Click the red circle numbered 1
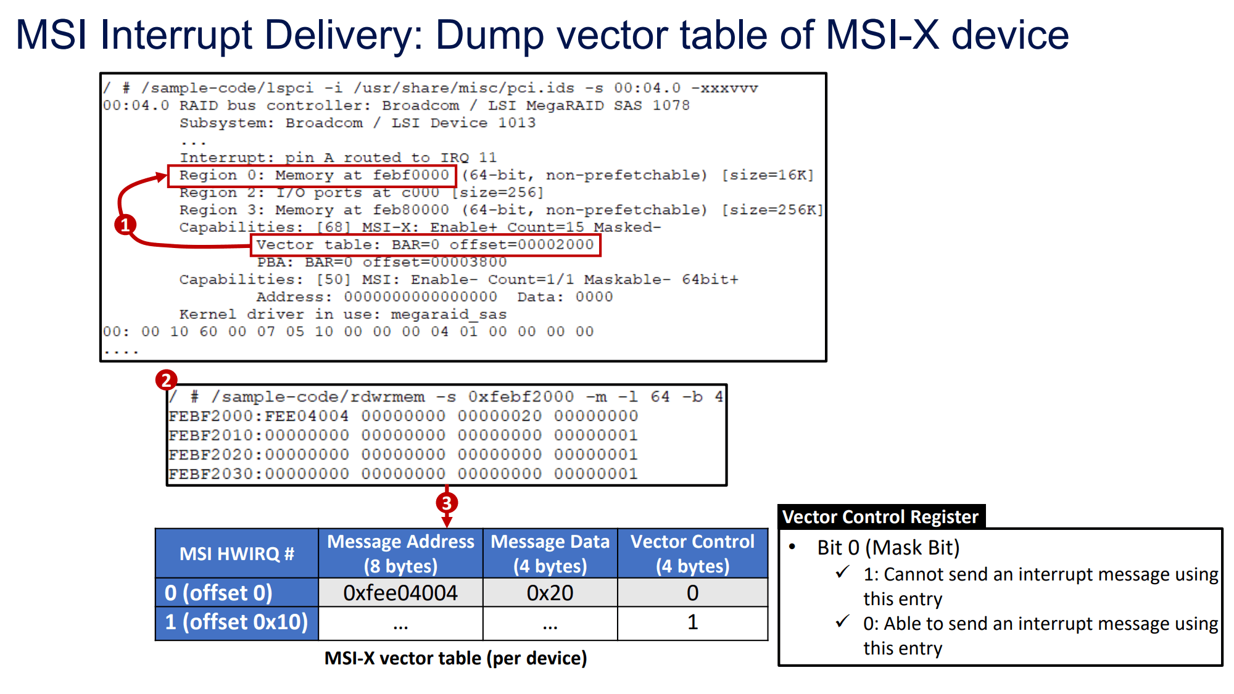coord(125,225)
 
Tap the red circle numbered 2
coord(166,380)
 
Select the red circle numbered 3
coord(447,503)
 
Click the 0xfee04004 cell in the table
coord(400,593)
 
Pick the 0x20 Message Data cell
coord(550,593)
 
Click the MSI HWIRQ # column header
coord(237,553)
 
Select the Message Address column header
coord(400,553)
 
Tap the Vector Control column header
coord(692,553)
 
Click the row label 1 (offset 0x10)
coord(237,622)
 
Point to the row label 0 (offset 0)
coord(219,593)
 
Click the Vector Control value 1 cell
coord(692,622)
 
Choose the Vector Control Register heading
coord(880,517)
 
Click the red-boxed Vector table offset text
coord(425,245)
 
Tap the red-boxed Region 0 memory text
coord(313,175)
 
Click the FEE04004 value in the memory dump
coord(307,416)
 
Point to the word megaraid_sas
coord(449,315)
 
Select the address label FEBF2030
coord(210,474)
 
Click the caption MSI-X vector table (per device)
coord(455,658)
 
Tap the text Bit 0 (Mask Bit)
coord(888,547)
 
